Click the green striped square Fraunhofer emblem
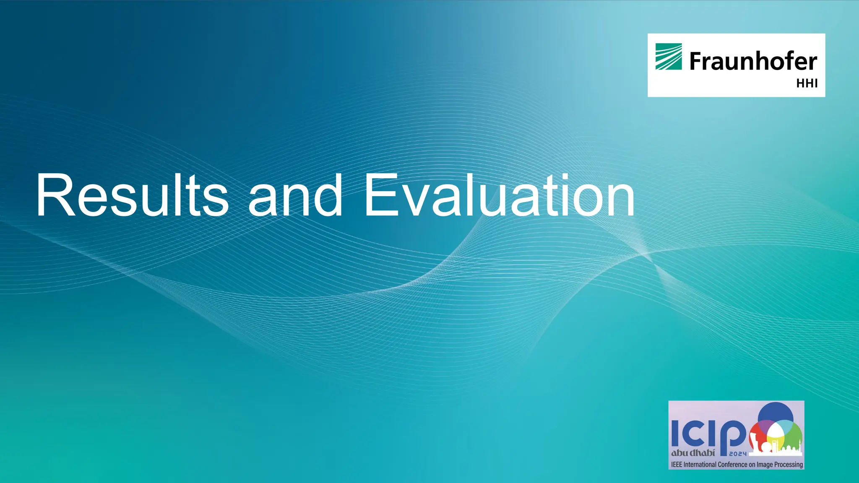669,57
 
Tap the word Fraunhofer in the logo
753,61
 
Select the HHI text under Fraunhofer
807,83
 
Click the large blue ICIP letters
709,434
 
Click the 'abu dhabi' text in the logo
693,453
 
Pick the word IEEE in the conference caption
677,465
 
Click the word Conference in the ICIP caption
733,465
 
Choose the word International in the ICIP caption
700,465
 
